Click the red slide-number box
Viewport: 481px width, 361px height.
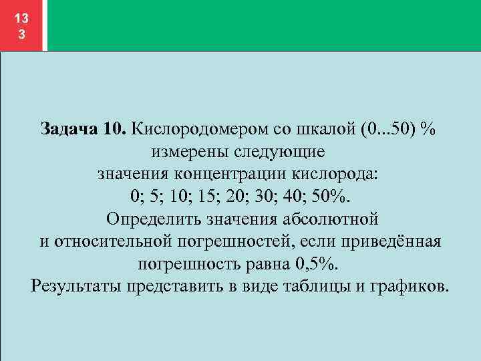22,25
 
